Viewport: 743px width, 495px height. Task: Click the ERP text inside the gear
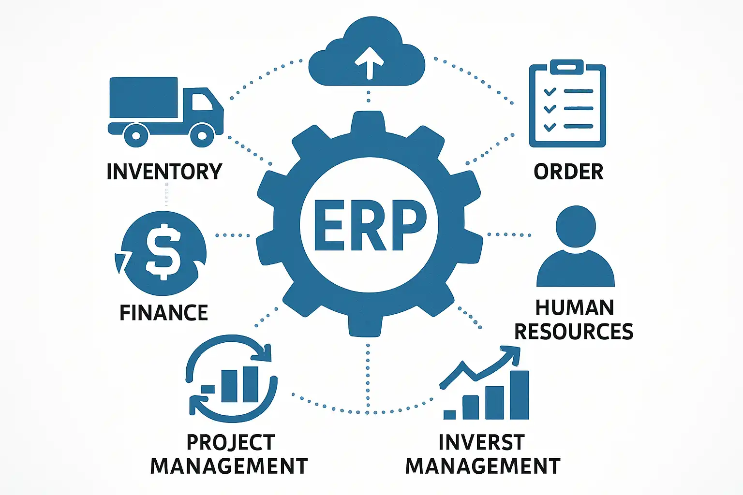[x=370, y=225]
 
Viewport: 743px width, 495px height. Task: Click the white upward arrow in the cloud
[x=370, y=62]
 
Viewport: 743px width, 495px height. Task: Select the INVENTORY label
[x=164, y=172]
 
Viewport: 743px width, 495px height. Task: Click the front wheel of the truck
[x=202, y=135]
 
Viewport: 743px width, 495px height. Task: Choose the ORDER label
[x=568, y=172]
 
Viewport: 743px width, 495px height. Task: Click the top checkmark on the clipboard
[x=550, y=91]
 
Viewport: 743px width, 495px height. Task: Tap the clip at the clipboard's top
[x=567, y=67]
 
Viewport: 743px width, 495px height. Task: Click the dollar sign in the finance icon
[x=163, y=251]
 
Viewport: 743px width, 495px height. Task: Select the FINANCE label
[x=163, y=313]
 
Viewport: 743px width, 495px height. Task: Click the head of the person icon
[x=576, y=226]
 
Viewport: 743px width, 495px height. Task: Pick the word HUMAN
[x=575, y=308]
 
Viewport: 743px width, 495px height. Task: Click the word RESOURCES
[x=574, y=332]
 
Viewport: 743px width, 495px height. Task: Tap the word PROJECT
[x=230, y=442]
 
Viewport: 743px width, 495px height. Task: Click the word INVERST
[x=481, y=442]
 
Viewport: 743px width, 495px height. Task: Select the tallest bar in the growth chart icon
[x=520, y=394]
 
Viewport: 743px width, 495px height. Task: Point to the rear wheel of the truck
[x=136, y=135]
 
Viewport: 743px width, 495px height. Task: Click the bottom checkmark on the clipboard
[x=550, y=127]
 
